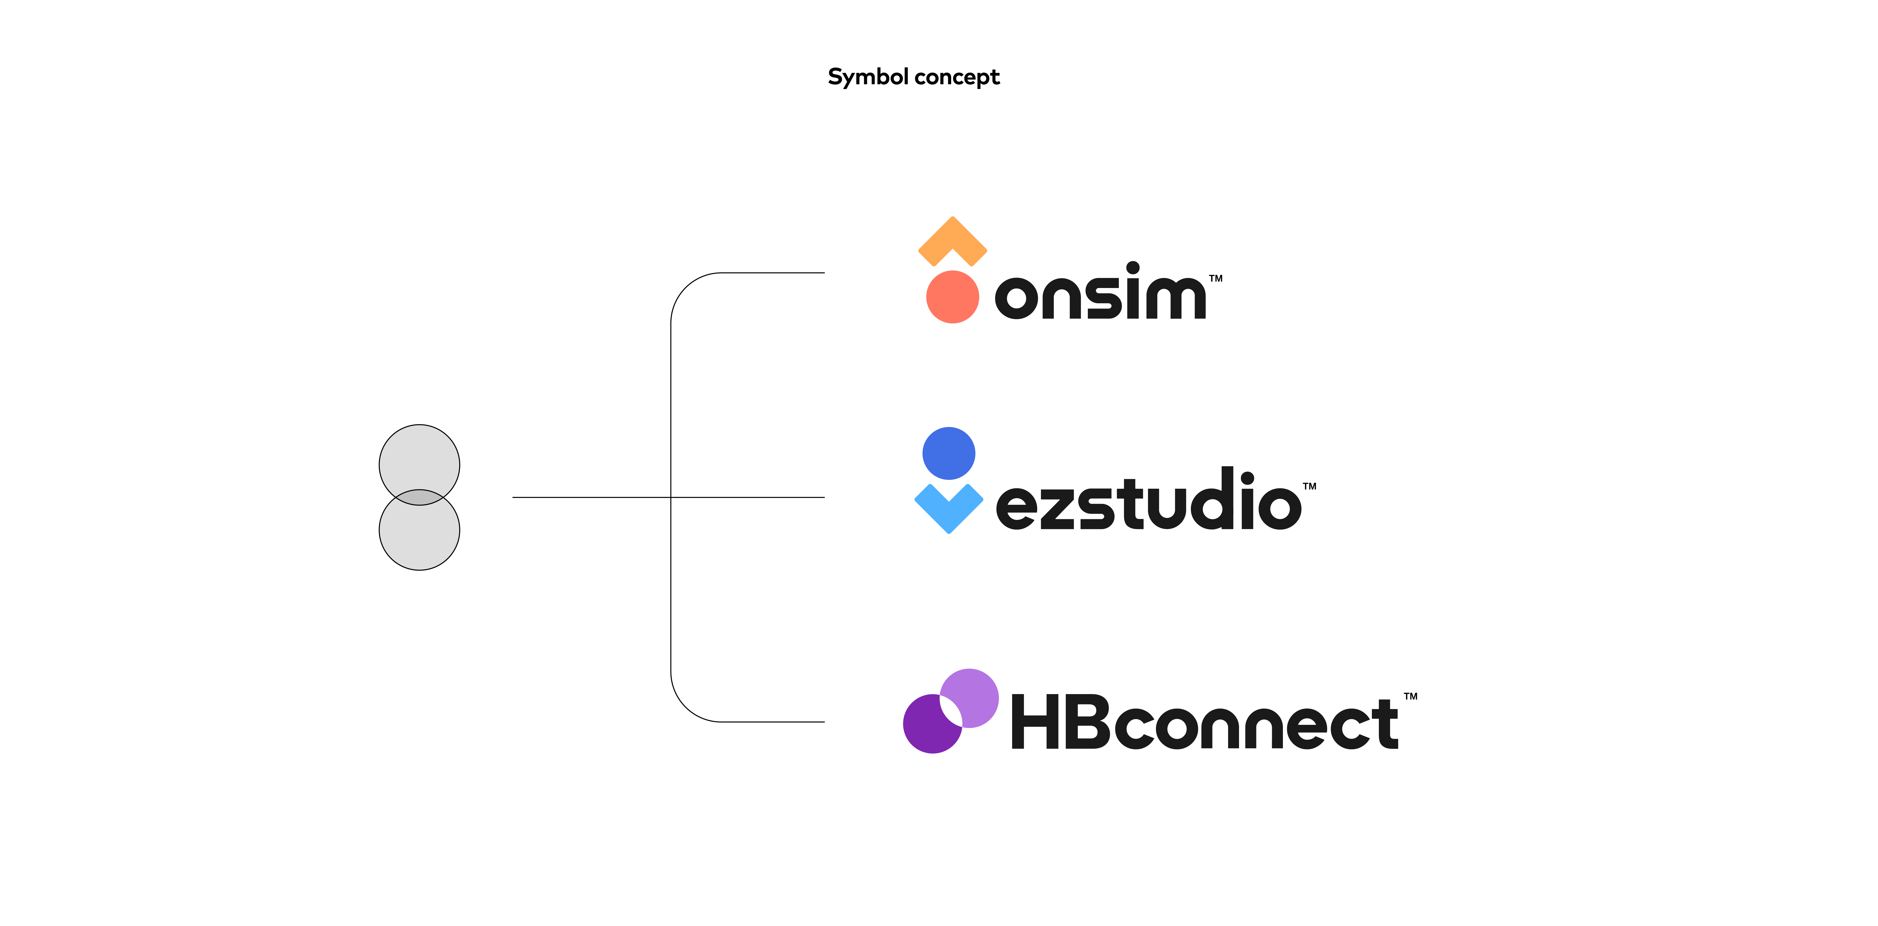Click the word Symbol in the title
click(868, 77)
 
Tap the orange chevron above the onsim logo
click(952, 239)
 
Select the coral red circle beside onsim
click(952, 297)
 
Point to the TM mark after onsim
click(1215, 279)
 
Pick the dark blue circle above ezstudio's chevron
click(948, 453)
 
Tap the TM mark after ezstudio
click(1309, 486)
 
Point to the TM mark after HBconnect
click(1411, 696)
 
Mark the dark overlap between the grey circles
click(419, 497)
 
